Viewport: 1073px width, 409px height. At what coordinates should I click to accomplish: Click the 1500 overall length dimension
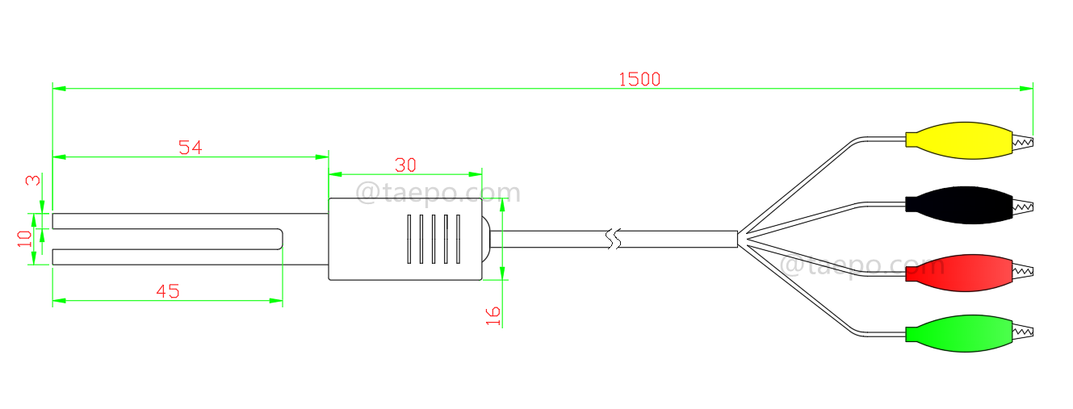click(x=639, y=79)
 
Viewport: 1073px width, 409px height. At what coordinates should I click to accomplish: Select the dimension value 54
click(x=190, y=148)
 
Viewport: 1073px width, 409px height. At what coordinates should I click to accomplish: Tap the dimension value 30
click(x=405, y=165)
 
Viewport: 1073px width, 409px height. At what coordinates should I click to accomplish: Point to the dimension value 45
click(x=167, y=292)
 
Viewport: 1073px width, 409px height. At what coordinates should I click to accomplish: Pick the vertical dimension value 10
click(x=25, y=238)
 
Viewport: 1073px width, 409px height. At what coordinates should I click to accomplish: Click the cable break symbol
click(x=614, y=239)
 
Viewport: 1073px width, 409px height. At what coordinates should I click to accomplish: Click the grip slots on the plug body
click(x=434, y=239)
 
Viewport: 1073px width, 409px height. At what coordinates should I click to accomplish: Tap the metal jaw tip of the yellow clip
click(x=1024, y=142)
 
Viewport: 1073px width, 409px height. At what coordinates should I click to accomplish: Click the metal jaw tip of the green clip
click(x=1024, y=332)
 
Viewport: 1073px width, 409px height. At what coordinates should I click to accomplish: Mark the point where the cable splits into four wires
click(x=741, y=239)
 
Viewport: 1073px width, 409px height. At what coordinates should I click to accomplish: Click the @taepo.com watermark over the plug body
click(x=438, y=194)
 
